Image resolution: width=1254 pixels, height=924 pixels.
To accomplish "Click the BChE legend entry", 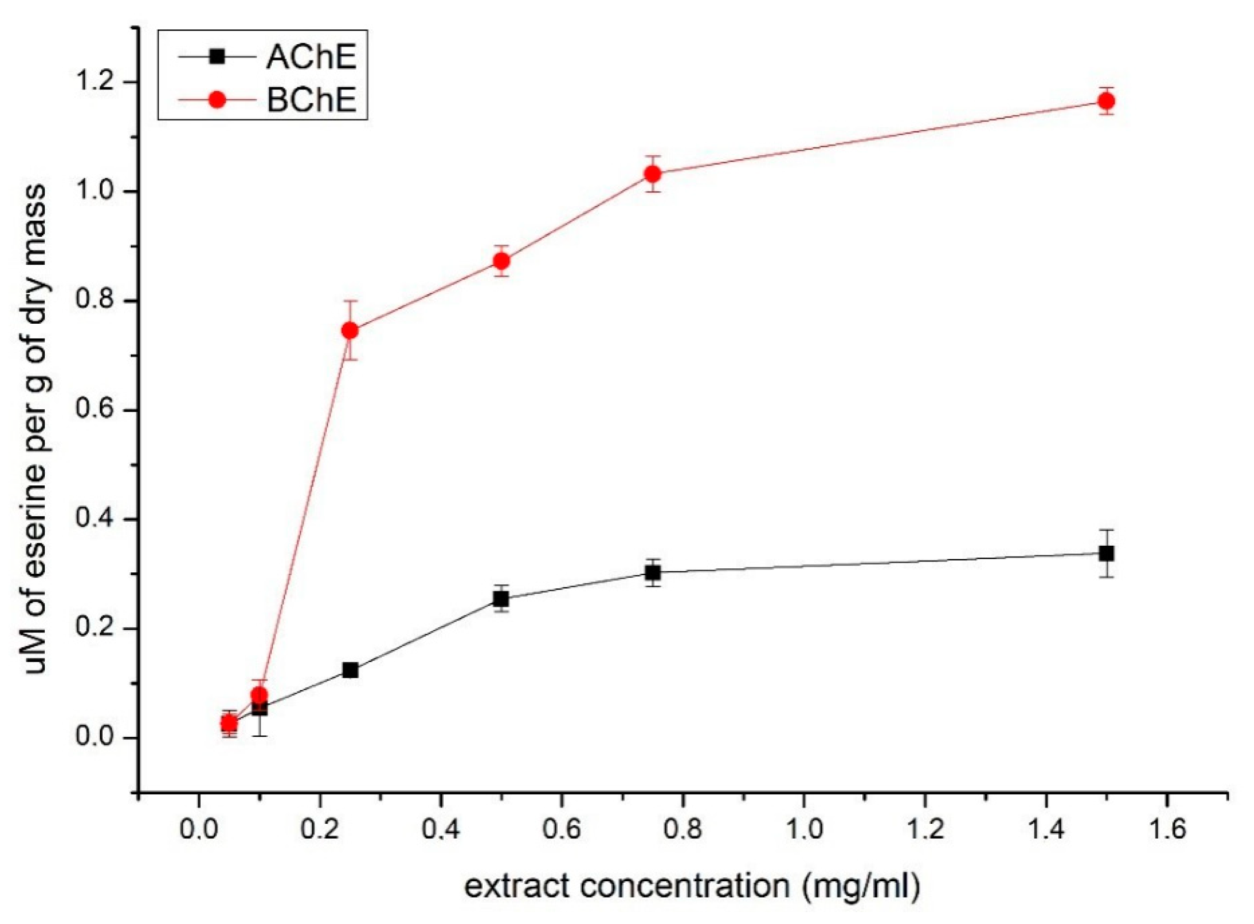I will tap(311, 101).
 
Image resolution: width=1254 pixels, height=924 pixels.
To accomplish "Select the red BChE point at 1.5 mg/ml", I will tap(1106, 101).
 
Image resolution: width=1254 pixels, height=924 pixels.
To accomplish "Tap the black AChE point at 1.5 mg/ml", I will tap(1106, 554).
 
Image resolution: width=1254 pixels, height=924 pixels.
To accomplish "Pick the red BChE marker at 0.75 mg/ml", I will tap(653, 174).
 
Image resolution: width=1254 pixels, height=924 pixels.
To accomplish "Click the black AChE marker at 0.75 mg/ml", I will tap(653, 573).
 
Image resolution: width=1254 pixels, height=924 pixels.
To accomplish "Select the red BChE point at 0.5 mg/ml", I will tap(501, 261).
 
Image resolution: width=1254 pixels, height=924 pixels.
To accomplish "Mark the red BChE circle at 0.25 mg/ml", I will tap(350, 331).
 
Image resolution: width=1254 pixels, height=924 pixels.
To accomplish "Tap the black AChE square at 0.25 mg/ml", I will tap(350, 670).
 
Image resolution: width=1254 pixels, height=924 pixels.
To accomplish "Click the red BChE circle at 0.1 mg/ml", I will tap(259, 696).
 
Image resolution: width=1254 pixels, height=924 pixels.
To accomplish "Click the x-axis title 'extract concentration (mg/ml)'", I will tap(692, 887).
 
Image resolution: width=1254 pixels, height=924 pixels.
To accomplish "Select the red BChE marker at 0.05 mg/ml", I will tap(229, 724).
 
